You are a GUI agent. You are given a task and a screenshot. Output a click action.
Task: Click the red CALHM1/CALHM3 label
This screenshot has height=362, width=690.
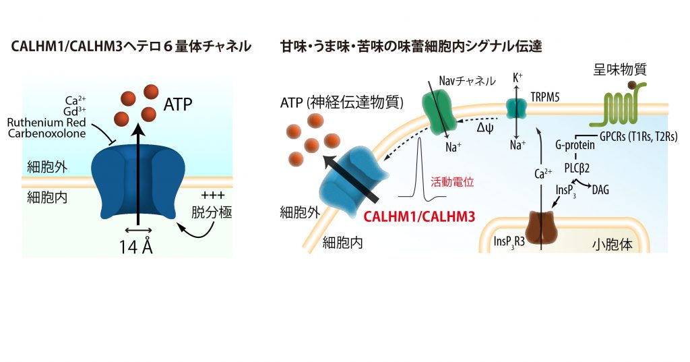click(x=419, y=216)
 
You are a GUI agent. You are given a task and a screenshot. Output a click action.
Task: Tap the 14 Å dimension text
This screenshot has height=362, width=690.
click(x=136, y=247)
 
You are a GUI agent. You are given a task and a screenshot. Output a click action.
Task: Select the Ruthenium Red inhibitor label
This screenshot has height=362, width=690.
click(x=46, y=123)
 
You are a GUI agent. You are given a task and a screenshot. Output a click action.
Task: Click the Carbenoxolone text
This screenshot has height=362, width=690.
click(x=46, y=133)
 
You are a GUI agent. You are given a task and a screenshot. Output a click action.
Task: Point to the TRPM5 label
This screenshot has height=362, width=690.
click(x=544, y=97)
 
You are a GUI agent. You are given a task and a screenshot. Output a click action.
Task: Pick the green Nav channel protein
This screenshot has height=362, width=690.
click(x=439, y=113)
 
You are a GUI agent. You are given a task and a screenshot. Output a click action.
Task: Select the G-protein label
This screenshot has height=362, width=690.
click(x=575, y=146)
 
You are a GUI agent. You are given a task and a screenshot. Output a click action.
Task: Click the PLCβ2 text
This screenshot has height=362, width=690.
click(x=577, y=168)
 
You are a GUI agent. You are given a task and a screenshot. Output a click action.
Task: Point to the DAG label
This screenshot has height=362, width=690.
click(x=600, y=190)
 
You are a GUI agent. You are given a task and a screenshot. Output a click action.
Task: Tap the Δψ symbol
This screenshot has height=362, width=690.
click(x=485, y=128)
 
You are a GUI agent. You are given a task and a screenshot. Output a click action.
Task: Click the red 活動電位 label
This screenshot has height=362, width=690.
click(x=452, y=182)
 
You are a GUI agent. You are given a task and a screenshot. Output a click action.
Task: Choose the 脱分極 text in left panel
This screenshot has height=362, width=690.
click(x=212, y=213)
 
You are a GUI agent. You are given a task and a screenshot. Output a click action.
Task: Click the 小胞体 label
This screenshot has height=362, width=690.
click(x=612, y=244)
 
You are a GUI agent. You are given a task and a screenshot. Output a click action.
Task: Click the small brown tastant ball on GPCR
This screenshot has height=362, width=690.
click(x=631, y=85)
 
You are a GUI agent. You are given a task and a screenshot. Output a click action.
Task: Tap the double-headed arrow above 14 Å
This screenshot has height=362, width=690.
click(x=138, y=230)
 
